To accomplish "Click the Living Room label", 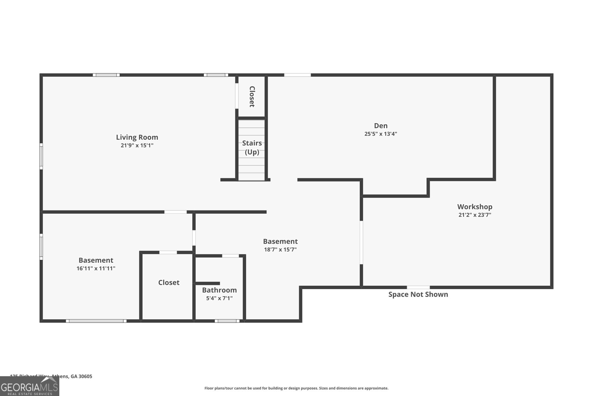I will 137,137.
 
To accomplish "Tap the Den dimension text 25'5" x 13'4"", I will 381,134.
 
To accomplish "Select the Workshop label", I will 474,207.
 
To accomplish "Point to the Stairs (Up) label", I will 252,147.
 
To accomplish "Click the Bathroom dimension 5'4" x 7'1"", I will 219,298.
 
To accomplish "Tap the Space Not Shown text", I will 418,294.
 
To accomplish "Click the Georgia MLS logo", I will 29,387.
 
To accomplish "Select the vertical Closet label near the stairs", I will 252,96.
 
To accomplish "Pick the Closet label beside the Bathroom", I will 169,282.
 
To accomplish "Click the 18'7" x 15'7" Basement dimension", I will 280,250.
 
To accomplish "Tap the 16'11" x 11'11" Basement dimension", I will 96,268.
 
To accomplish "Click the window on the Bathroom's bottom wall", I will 227,321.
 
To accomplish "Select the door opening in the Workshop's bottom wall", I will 418,287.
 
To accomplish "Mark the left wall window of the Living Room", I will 41,156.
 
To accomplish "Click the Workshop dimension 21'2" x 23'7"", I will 474,215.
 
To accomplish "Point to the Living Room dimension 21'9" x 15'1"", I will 137,145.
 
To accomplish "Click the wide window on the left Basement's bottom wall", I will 96,321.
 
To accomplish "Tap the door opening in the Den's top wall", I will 297,75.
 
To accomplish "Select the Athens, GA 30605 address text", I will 70,376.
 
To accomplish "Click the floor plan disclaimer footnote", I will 296,388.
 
